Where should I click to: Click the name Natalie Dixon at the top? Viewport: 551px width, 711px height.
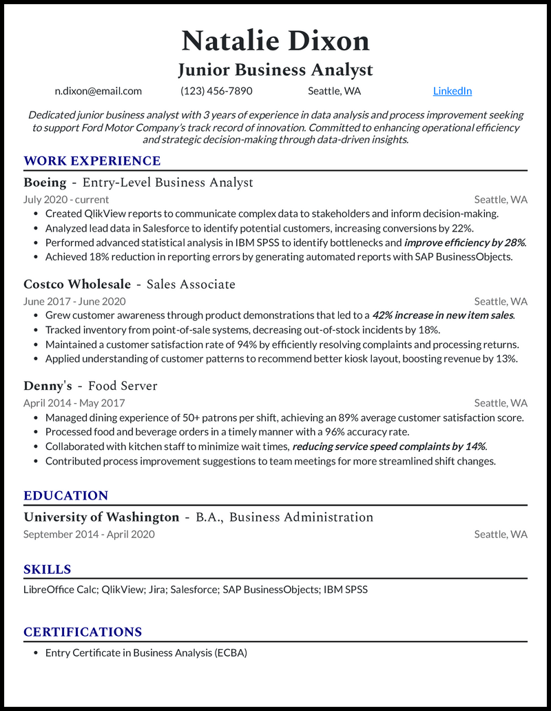click(275, 41)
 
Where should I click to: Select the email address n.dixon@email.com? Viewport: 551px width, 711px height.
click(98, 91)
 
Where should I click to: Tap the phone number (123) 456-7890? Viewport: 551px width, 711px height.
click(216, 91)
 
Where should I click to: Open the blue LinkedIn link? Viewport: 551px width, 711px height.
click(453, 91)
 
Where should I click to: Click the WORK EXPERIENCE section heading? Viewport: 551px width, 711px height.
click(92, 161)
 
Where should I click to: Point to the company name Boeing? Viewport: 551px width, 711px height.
click(45, 183)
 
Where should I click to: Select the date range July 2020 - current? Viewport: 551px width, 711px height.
click(66, 200)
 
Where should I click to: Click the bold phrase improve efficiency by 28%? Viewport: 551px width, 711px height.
click(464, 243)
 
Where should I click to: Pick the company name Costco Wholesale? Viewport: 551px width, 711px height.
click(77, 284)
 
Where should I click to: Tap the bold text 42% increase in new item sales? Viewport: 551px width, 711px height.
click(444, 316)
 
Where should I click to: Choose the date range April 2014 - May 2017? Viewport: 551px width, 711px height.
click(74, 403)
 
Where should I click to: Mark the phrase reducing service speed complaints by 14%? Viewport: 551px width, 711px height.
click(389, 446)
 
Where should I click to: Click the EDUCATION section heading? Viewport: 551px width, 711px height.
click(66, 496)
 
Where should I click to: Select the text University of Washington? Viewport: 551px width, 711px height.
click(101, 517)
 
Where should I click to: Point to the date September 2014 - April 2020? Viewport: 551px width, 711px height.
click(89, 534)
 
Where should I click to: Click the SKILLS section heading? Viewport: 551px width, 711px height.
click(48, 570)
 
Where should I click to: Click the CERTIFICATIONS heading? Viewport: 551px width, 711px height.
click(83, 632)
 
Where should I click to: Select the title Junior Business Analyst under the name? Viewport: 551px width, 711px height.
click(275, 70)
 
